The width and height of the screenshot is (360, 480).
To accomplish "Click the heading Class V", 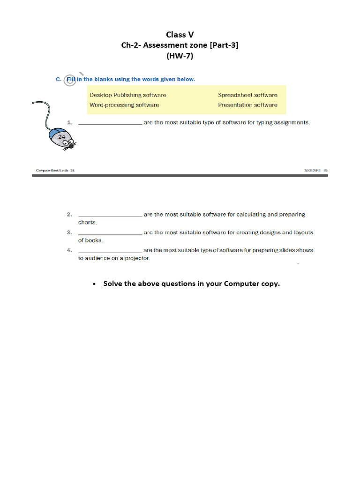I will [x=180, y=34].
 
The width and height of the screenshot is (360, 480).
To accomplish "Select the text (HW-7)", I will [x=180, y=56].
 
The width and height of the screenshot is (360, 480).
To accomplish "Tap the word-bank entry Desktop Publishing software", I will [x=127, y=95].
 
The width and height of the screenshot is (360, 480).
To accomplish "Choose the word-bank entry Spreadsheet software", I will [x=247, y=95].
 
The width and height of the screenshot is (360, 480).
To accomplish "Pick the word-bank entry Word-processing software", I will [x=124, y=105].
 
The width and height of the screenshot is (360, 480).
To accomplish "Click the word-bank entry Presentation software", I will [x=247, y=105].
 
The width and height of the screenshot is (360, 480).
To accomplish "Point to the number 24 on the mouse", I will [x=61, y=136].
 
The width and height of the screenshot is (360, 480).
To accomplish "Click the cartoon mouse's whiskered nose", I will [x=71, y=146].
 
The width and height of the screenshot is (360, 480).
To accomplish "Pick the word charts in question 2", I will [x=87, y=223].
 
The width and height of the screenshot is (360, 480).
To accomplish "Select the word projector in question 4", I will [x=137, y=259].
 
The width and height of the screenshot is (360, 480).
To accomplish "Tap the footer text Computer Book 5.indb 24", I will [x=55, y=171].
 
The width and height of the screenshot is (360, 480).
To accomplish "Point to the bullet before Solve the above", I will [x=95, y=284].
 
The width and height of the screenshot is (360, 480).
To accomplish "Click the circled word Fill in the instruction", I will [x=71, y=80].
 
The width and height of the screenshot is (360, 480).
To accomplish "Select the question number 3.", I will [x=69, y=232].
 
